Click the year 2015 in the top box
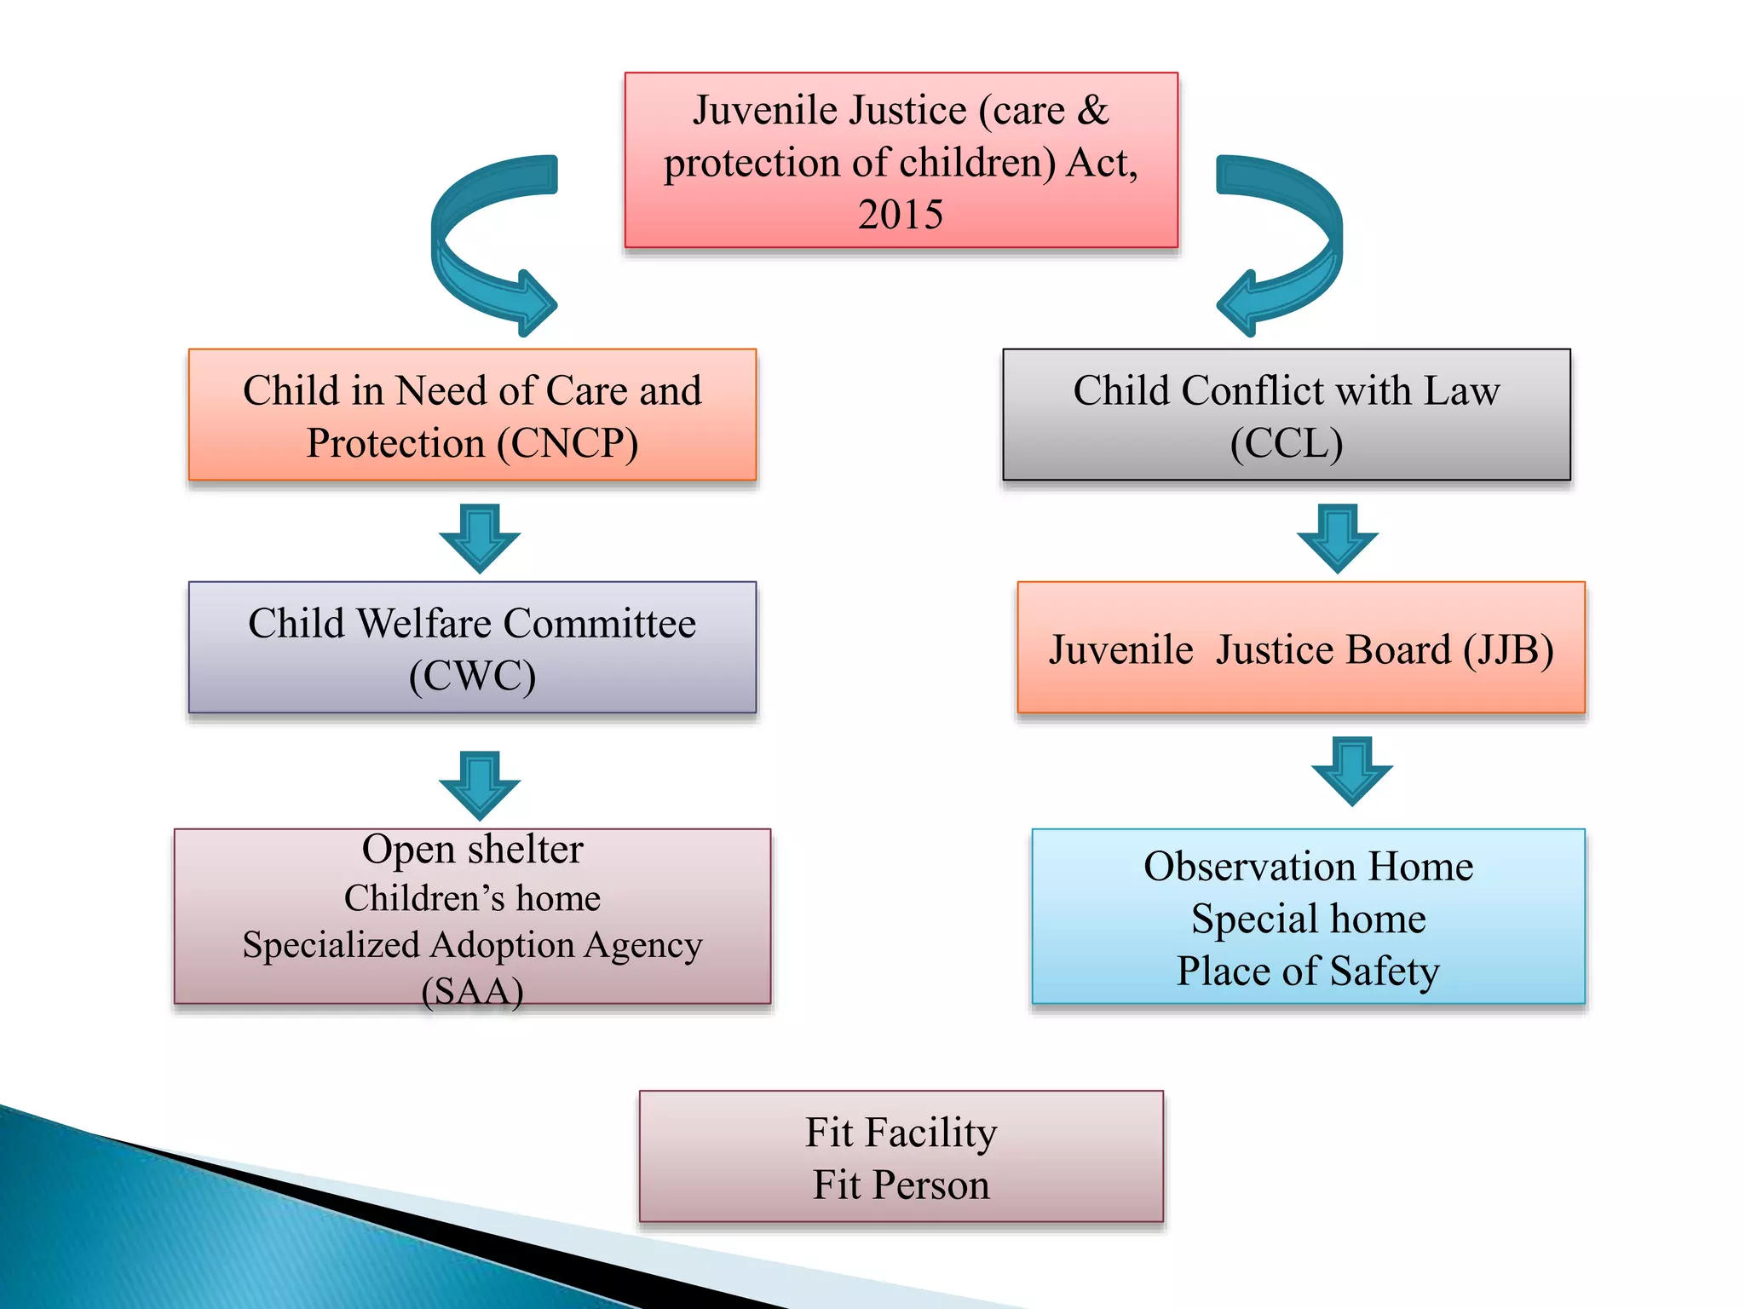(901, 215)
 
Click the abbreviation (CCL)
(1287, 443)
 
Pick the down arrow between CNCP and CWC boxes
(480, 538)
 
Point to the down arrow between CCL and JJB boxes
(1337, 538)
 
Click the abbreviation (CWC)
(472, 676)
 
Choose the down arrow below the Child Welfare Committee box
(480, 785)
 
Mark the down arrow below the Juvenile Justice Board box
(1351, 770)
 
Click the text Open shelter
(472, 850)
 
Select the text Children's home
(472, 898)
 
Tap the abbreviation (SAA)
(472, 991)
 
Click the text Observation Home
(1308, 867)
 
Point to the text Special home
(1308, 919)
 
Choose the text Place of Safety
(1308, 972)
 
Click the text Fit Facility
(901, 1133)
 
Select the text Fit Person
(901, 1185)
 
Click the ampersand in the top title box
(1093, 111)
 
